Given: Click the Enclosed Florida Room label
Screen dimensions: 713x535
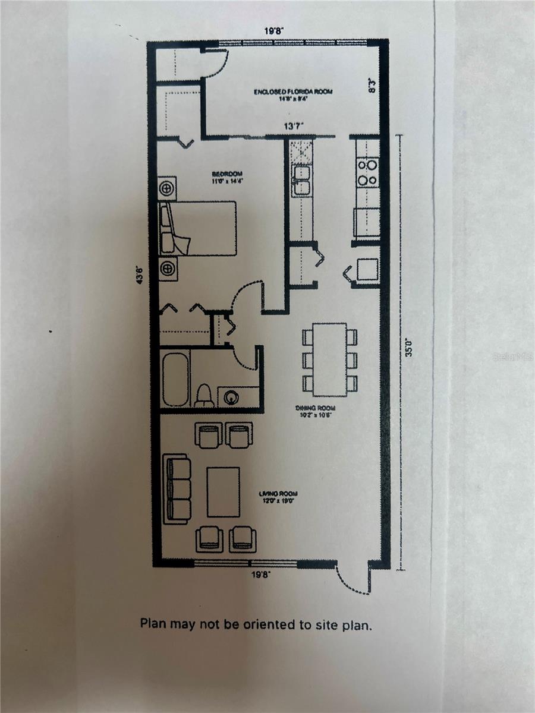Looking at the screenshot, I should [292, 92].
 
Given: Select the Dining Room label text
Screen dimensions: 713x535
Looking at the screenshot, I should [318, 408].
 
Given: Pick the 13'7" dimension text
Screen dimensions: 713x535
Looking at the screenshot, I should [294, 126].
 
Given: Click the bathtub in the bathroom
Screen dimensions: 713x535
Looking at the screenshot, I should [175, 379].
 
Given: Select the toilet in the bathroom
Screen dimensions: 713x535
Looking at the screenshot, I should [204, 395].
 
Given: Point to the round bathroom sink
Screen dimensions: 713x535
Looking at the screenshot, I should [230, 397].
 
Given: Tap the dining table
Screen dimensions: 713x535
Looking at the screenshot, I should [329, 359].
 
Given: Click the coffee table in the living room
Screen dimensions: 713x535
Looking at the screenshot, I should [223, 492].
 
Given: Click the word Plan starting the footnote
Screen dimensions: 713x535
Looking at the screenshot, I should [153, 624].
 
